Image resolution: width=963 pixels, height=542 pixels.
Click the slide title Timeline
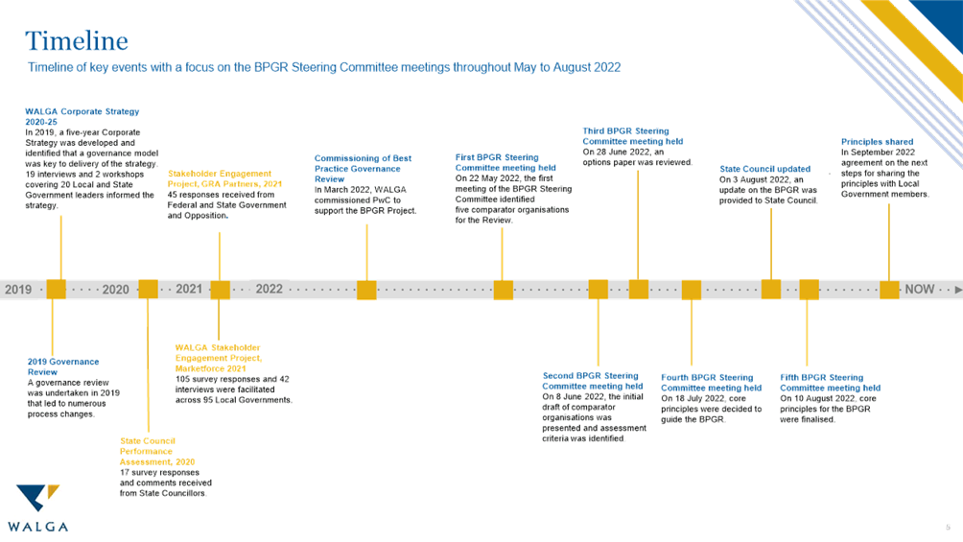[77, 41]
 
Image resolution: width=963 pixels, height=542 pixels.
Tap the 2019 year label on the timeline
[18, 290]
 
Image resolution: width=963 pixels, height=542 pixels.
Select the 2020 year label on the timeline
[115, 290]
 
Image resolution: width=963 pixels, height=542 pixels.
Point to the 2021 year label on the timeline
[189, 290]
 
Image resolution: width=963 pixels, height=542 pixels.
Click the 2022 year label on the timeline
[270, 289]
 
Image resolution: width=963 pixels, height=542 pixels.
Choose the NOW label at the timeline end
[919, 290]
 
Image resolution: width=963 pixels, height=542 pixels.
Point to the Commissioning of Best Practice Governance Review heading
[364, 168]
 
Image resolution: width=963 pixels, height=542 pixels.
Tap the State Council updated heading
[765, 170]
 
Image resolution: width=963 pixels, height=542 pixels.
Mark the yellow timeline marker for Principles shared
[889, 290]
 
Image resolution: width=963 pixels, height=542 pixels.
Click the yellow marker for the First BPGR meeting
[503, 290]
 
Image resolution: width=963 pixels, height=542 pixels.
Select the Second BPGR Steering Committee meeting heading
[592, 381]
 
